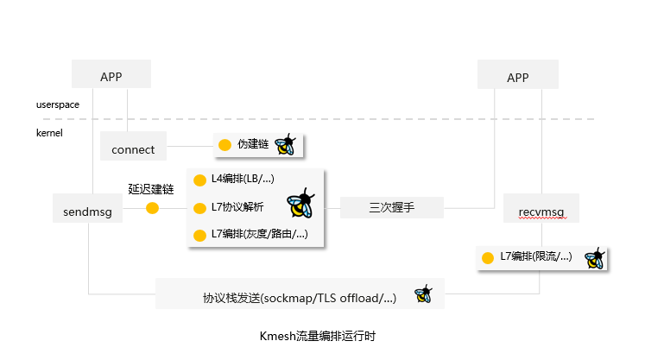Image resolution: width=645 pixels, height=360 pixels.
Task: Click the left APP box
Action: tap(111, 75)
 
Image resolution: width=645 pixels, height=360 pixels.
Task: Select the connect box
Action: tap(133, 148)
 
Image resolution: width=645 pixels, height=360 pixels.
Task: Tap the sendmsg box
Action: tap(88, 210)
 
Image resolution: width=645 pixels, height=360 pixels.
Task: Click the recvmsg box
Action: tap(541, 210)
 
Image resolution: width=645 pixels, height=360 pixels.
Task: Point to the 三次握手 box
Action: tap(391, 208)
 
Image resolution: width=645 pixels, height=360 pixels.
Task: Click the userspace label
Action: tap(57, 104)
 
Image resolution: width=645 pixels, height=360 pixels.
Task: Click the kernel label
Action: tap(49, 133)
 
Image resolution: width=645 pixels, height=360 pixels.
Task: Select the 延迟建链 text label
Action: tap(151, 189)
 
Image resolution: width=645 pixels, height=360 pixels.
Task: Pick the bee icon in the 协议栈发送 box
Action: tap(423, 294)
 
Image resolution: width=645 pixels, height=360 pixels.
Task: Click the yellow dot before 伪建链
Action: tap(224, 144)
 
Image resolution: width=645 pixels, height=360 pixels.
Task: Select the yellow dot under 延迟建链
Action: tap(153, 208)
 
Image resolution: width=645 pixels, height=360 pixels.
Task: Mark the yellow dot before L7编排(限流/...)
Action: tap(488, 257)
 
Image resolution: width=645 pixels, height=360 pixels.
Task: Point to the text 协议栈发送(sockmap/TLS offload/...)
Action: tap(299, 298)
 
